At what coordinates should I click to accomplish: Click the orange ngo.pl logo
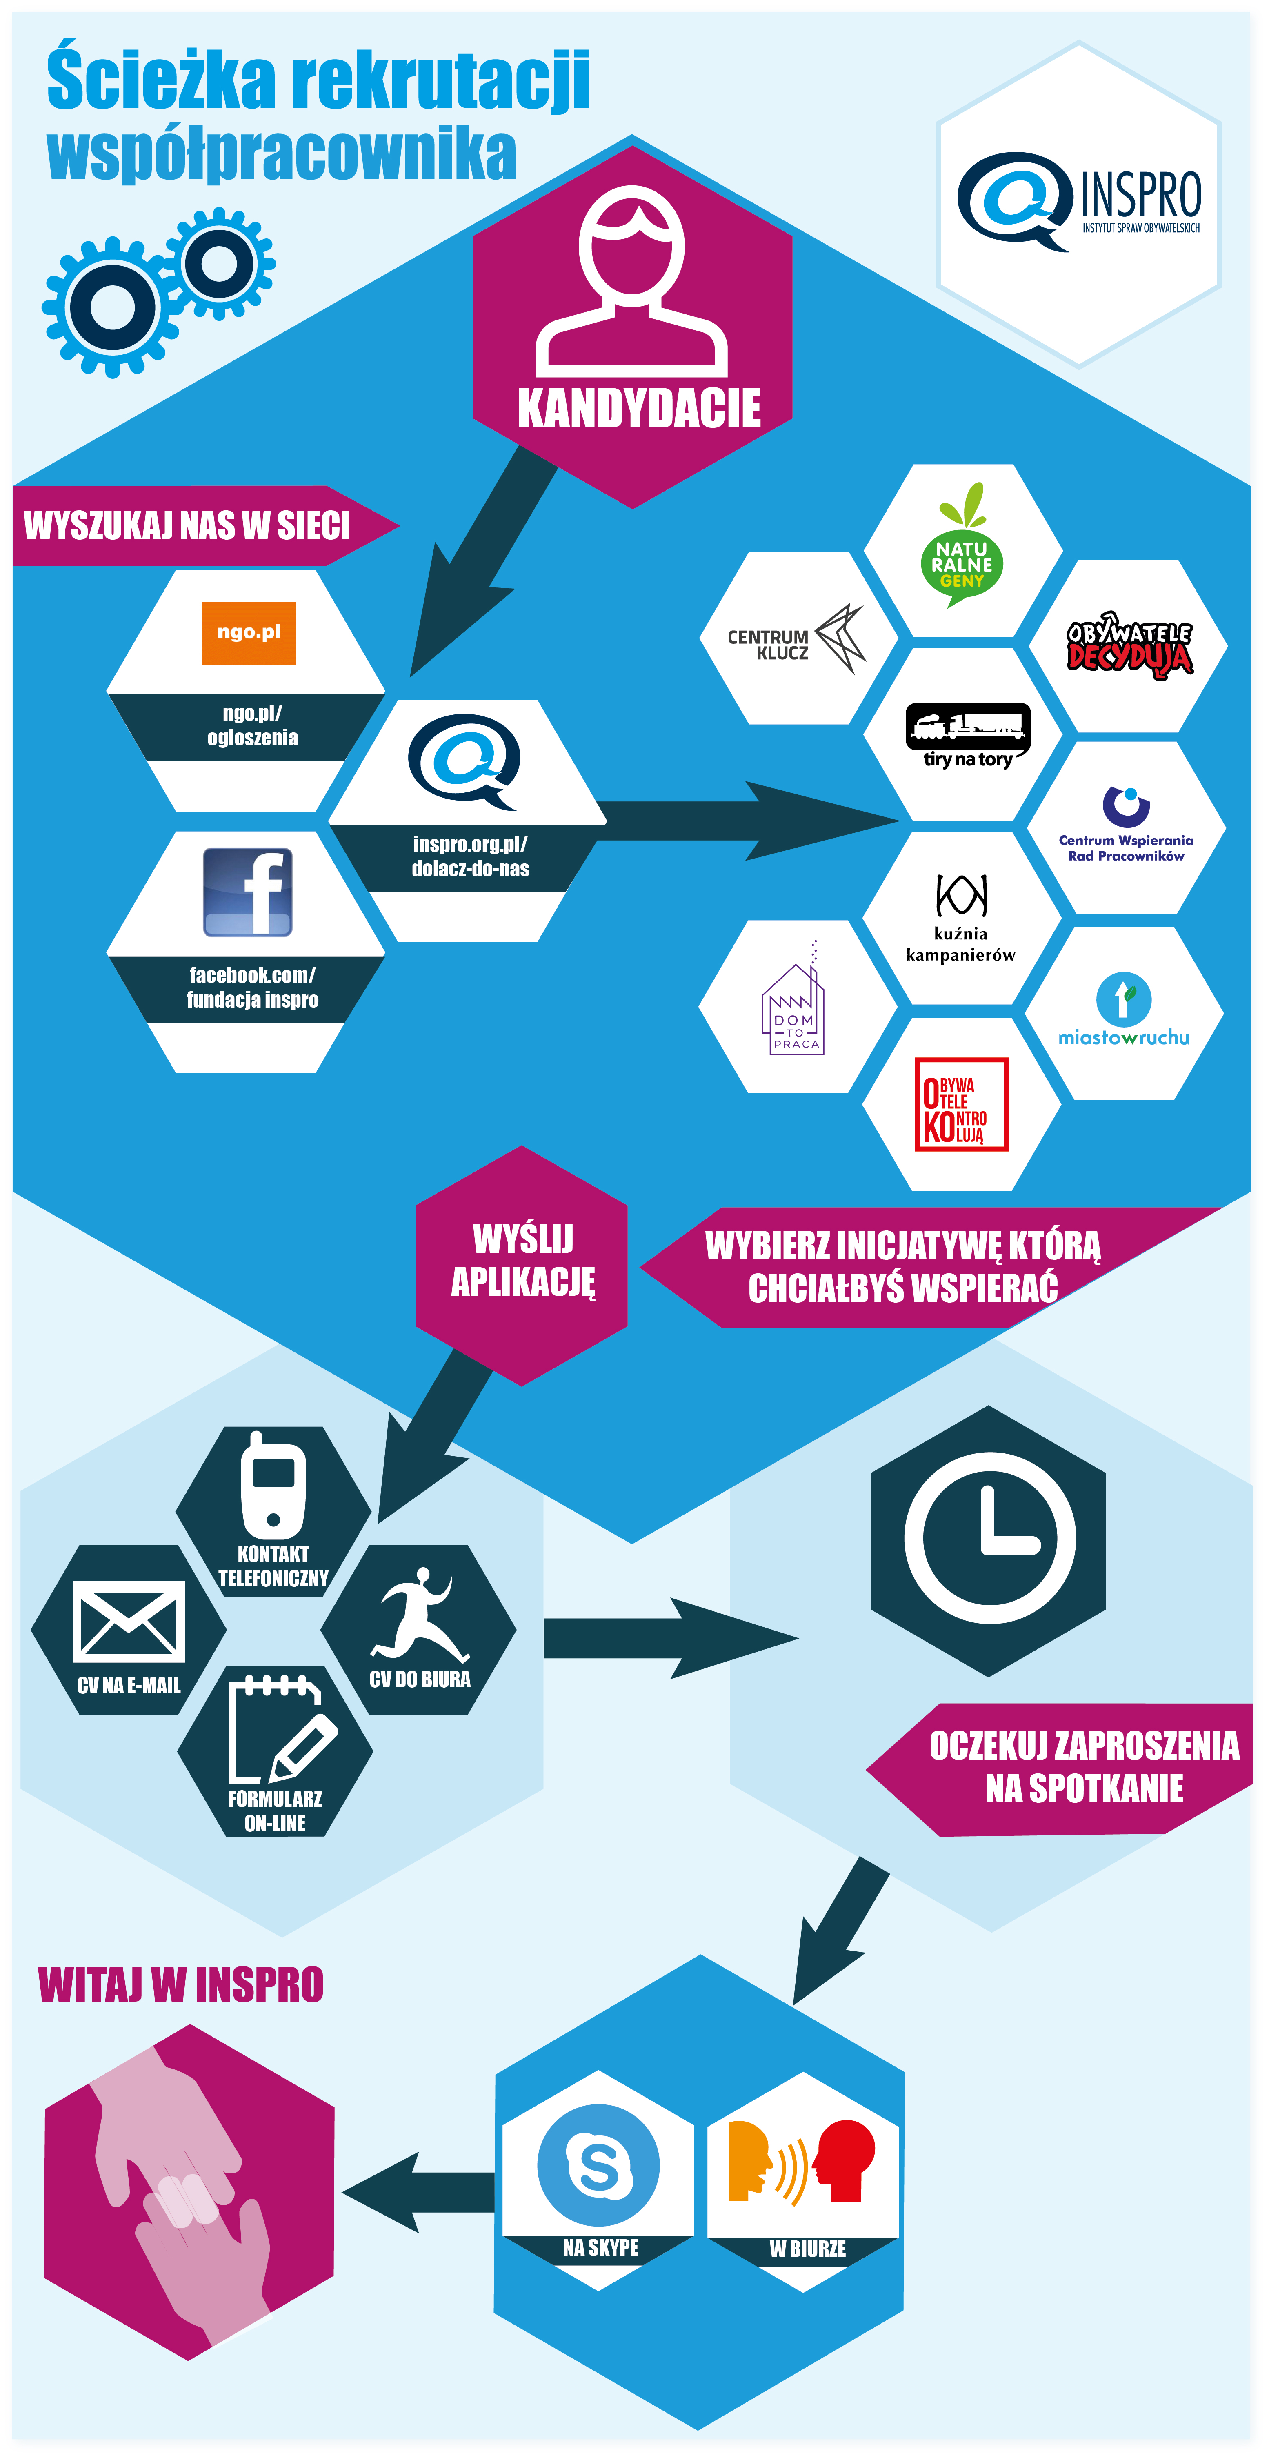click(249, 633)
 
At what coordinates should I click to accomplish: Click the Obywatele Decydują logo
click(1130, 645)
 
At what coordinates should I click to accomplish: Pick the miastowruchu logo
click(1124, 1010)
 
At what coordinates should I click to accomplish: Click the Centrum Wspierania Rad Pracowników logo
click(1126, 824)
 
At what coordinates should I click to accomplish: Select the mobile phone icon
click(273, 1484)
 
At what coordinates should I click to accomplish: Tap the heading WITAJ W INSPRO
click(181, 1985)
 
